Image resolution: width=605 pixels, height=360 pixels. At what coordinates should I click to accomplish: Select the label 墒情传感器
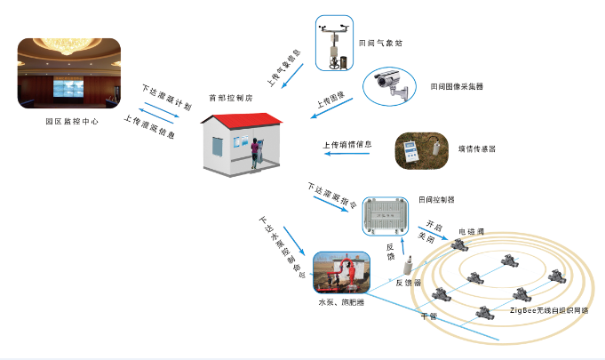[476, 148]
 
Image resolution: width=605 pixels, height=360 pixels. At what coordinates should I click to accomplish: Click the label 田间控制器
[435, 200]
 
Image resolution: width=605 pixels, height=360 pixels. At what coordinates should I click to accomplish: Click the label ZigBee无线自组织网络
[549, 311]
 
